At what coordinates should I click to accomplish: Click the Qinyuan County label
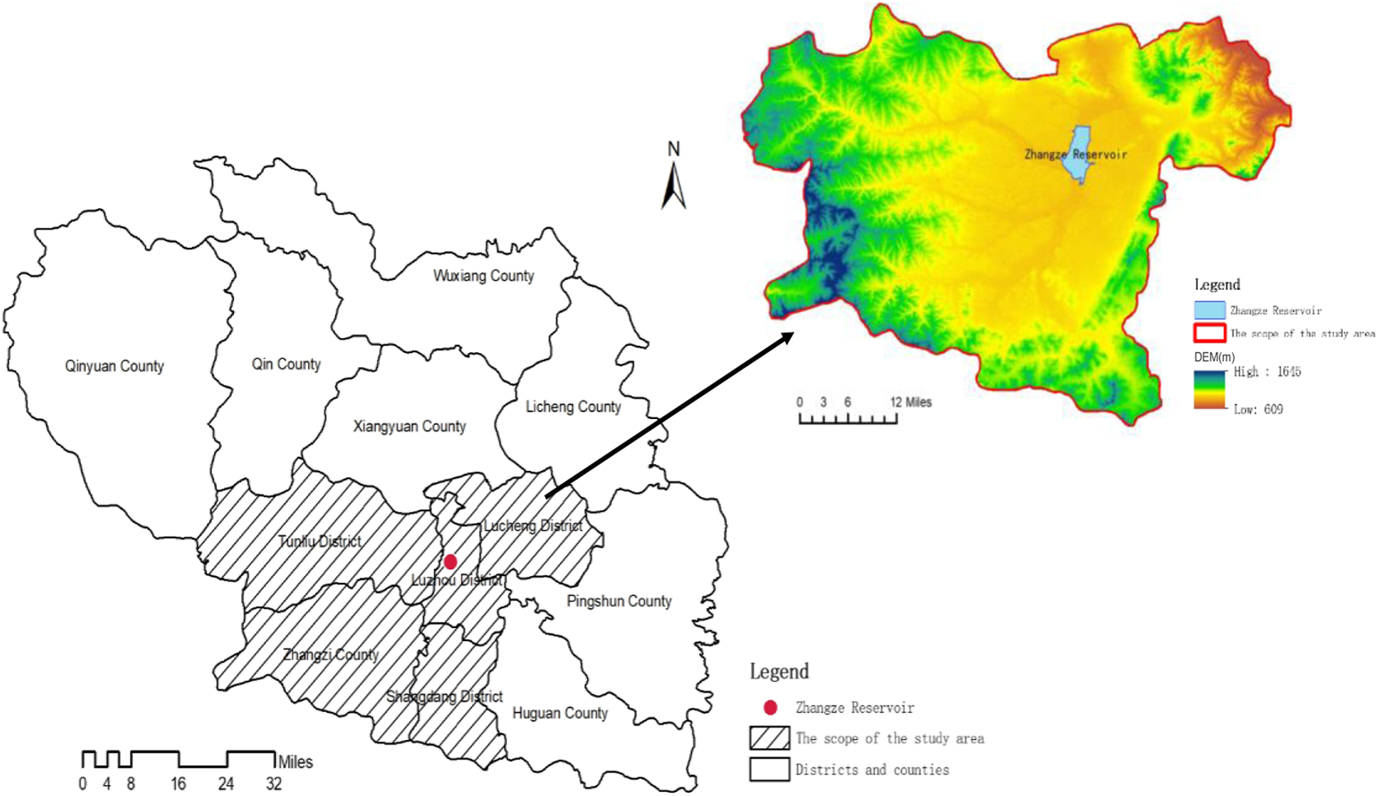tap(114, 366)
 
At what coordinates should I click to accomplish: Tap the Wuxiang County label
tap(483, 276)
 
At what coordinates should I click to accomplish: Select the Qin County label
tap(285, 364)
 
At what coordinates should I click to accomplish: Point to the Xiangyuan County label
tap(409, 426)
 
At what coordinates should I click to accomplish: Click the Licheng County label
tap(573, 407)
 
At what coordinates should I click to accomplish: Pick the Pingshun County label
tap(619, 601)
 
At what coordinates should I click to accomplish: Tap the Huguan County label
tap(560, 713)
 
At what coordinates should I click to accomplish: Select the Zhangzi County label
tap(331, 655)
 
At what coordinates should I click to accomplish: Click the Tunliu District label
tap(320, 541)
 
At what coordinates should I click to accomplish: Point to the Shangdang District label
tap(444, 696)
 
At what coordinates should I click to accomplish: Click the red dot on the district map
tap(450, 561)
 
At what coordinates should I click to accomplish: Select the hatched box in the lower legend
tap(769, 738)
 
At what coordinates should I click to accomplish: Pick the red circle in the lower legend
tap(770, 707)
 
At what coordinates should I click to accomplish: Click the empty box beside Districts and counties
tap(769, 769)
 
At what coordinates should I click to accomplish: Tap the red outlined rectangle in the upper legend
tap(1209, 333)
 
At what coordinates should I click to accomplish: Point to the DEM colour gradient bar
tap(1208, 389)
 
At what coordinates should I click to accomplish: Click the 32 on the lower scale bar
tap(274, 784)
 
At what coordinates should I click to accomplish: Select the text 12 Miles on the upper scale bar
tap(911, 402)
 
